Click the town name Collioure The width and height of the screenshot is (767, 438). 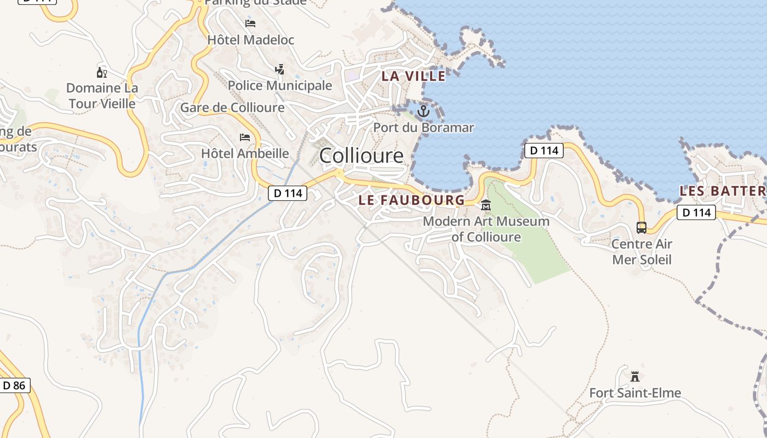(361, 155)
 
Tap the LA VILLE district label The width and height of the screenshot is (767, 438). (413, 76)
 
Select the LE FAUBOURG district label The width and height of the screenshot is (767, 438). (411, 200)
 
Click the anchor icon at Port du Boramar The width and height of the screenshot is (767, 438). (423, 112)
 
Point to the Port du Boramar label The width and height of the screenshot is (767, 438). (423, 128)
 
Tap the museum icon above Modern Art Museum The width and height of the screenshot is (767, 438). (485, 205)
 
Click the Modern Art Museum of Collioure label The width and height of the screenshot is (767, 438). (486, 229)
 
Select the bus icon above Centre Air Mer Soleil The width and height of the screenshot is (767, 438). (641, 227)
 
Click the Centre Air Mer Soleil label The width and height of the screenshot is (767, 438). (642, 251)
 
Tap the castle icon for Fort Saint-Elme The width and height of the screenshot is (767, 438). (635, 377)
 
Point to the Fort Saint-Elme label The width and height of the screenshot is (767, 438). (635, 393)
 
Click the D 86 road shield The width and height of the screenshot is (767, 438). (14, 385)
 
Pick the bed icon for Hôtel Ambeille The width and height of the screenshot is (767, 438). (244, 137)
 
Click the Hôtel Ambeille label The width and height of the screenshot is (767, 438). (244, 153)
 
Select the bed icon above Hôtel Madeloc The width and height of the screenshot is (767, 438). (250, 24)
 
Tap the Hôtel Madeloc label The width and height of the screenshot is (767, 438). (250, 39)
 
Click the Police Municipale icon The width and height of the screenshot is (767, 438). (279, 70)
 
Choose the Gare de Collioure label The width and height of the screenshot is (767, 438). (232, 107)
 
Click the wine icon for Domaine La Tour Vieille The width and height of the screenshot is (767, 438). (102, 72)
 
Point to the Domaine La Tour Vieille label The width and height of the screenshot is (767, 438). (102, 95)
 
